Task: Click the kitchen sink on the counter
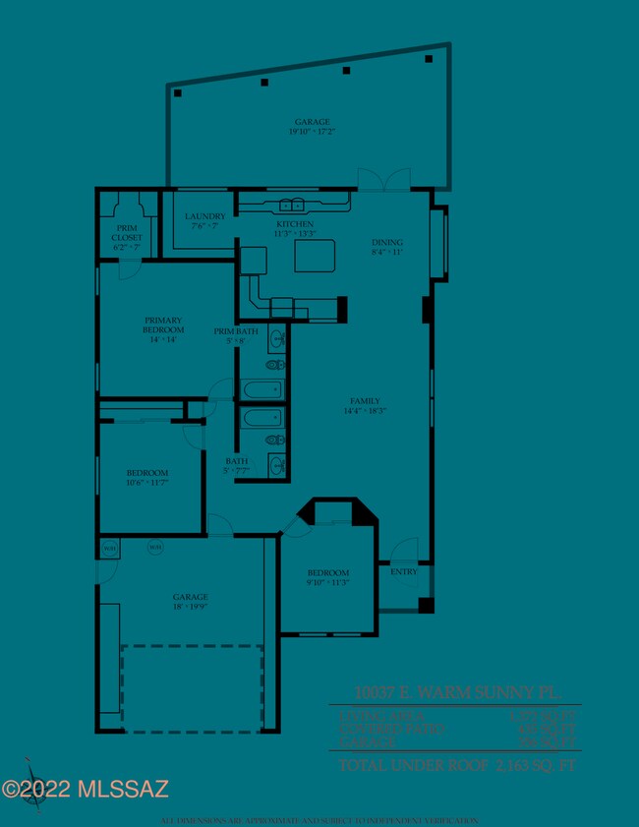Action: pyautogui.click(x=292, y=206)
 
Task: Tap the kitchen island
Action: pyautogui.click(x=315, y=255)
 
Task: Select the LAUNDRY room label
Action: pyautogui.click(x=205, y=216)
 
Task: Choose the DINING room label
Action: pyautogui.click(x=386, y=242)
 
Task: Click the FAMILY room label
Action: pyautogui.click(x=365, y=401)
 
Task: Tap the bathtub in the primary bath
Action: pyautogui.click(x=262, y=390)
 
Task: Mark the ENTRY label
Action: pyautogui.click(x=404, y=571)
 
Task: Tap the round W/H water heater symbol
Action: pyautogui.click(x=155, y=547)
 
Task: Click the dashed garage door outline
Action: pyautogui.click(x=192, y=688)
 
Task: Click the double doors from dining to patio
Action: pyautogui.click(x=383, y=179)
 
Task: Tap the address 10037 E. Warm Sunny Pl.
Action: pyautogui.click(x=456, y=692)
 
